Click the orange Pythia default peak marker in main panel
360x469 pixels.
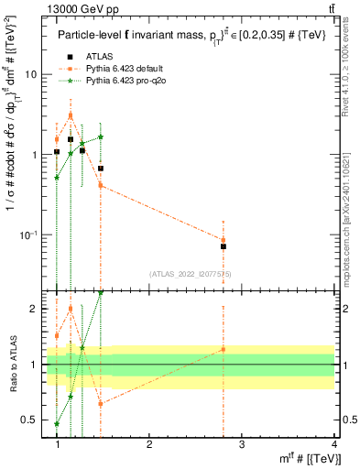point(71,115)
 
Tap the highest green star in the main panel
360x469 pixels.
point(101,136)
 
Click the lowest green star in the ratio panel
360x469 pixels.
point(57,424)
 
